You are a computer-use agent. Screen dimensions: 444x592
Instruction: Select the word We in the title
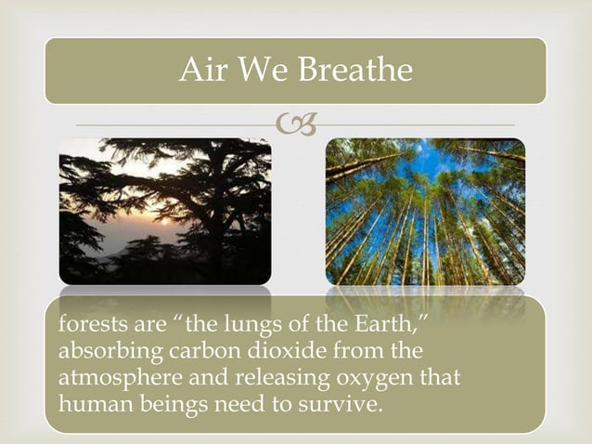pos(264,71)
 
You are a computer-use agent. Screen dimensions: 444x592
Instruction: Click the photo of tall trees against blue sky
pos(424,211)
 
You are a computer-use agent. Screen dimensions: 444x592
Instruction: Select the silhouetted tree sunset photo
pos(165,211)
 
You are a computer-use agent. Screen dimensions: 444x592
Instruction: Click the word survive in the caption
pos(344,403)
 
